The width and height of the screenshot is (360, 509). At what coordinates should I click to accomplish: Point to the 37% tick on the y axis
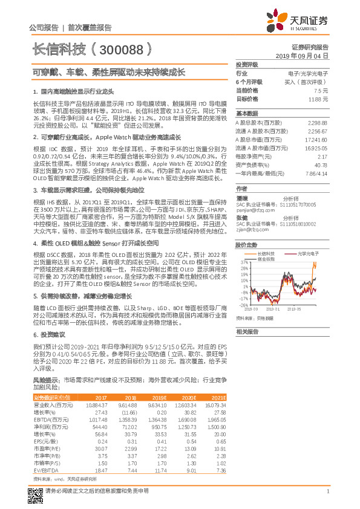(243, 263)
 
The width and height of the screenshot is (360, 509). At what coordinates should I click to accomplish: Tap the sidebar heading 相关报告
(247, 331)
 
